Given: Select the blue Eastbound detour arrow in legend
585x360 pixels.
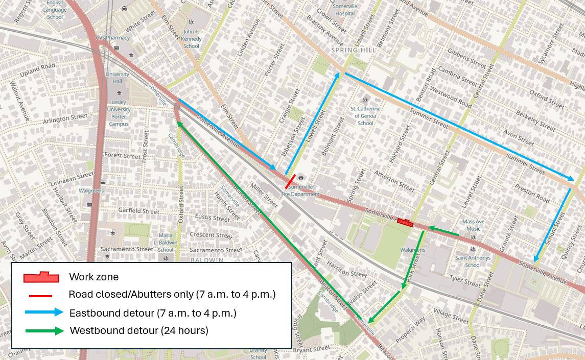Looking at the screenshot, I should click(x=44, y=312).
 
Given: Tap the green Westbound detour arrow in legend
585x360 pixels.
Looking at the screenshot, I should click(x=44, y=331).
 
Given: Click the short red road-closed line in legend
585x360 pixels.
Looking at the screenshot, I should click(x=41, y=296).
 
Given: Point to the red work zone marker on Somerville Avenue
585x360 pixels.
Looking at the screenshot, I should click(x=405, y=222).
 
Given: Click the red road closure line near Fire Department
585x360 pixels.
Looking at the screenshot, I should click(x=290, y=182).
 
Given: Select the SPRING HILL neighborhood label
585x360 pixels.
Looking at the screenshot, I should click(x=354, y=50).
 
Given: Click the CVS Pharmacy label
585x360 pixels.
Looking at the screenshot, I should click(x=113, y=37).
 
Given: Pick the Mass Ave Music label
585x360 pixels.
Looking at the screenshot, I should click(x=474, y=225).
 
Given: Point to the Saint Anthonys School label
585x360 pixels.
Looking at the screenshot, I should click(x=473, y=261).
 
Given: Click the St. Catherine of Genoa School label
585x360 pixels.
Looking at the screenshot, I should click(x=365, y=115).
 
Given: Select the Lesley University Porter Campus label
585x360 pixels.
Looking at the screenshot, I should click(x=119, y=113).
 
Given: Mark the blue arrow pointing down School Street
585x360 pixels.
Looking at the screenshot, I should click(x=553, y=225).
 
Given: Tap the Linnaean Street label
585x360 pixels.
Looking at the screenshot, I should click(x=72, y=179).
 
